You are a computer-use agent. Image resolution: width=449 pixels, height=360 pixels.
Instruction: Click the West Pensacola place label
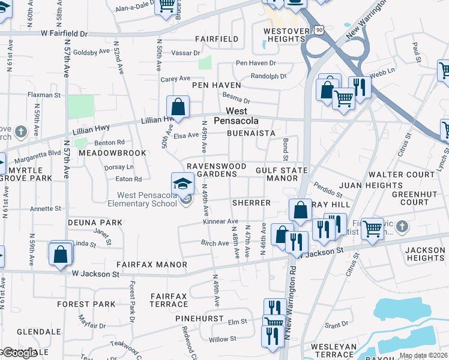coord(242,116)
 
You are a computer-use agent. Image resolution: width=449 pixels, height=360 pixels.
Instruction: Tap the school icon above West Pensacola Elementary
coord(183,184)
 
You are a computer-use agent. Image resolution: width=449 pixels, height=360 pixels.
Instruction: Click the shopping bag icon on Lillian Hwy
coord(178,108)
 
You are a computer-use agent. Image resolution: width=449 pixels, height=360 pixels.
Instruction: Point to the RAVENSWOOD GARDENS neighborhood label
coord(216,170)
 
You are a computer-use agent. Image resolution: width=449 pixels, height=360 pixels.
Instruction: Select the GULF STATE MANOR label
coord(282,174)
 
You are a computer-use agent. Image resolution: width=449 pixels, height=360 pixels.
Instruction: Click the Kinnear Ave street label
coord(216,222)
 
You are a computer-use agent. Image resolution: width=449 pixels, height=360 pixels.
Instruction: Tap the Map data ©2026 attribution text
coord(423,355)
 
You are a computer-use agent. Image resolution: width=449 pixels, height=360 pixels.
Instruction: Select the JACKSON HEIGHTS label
coord(424,254)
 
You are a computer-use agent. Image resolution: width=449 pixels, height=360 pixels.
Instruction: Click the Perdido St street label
coord(327,190)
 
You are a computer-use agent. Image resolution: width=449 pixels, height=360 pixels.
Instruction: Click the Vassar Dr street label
coord(188,53)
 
